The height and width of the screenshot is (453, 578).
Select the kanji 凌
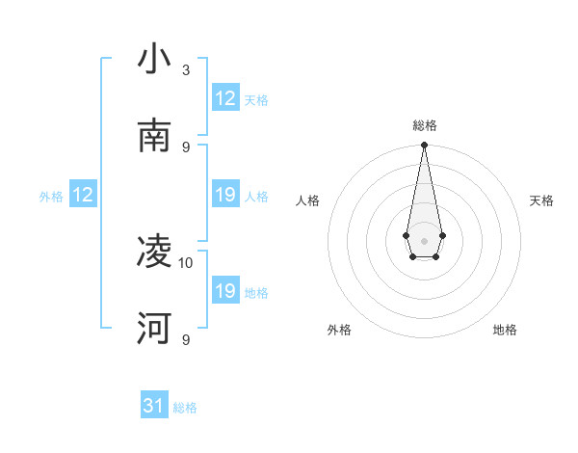point(154,252)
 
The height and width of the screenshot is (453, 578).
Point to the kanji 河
point(154,329)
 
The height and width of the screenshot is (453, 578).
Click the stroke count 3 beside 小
point(186,69)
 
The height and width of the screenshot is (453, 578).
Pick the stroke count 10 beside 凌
point(186,262)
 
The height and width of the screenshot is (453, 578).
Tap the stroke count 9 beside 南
point(186,147)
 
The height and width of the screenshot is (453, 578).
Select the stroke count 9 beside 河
point(186,339)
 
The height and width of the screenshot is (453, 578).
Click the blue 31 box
point(154,406)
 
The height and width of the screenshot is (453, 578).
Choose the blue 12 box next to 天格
point(225,98)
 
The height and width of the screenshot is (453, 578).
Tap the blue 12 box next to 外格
point(83,195)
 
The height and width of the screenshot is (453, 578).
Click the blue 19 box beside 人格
point(225,195)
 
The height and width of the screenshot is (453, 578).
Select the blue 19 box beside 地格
point(225,291)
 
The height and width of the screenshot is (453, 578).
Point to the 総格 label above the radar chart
point(424,125)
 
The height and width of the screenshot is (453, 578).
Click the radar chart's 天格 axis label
point(542,200)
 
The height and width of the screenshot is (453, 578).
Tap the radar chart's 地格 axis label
point(505,330)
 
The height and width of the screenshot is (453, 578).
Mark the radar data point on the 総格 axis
point(424,146)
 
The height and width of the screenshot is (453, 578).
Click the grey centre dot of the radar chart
point(424,239)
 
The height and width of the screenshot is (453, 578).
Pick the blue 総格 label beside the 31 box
point(185,408)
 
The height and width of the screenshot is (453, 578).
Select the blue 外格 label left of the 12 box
point(51,197)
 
